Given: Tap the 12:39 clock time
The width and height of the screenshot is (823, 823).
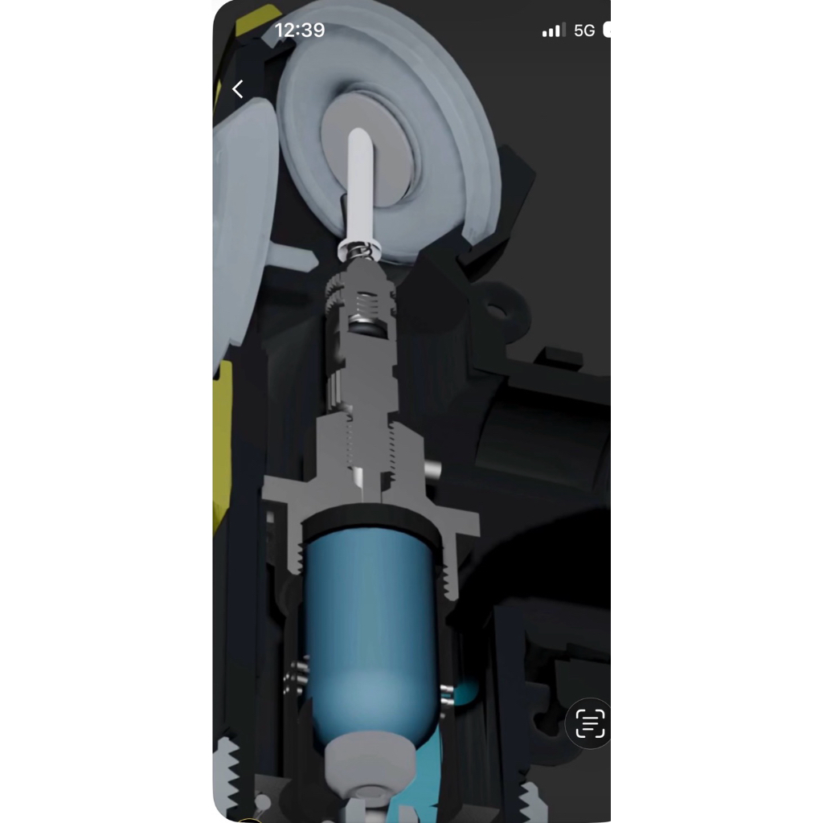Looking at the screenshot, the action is coord(300,30).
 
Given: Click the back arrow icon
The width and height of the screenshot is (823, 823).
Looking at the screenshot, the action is coord(238,89).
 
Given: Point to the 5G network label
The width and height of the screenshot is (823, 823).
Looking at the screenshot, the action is coord(584,31).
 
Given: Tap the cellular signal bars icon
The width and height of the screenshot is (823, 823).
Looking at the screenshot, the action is coord(554,30).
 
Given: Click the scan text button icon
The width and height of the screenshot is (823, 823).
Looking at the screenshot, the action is coord(590,723).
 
